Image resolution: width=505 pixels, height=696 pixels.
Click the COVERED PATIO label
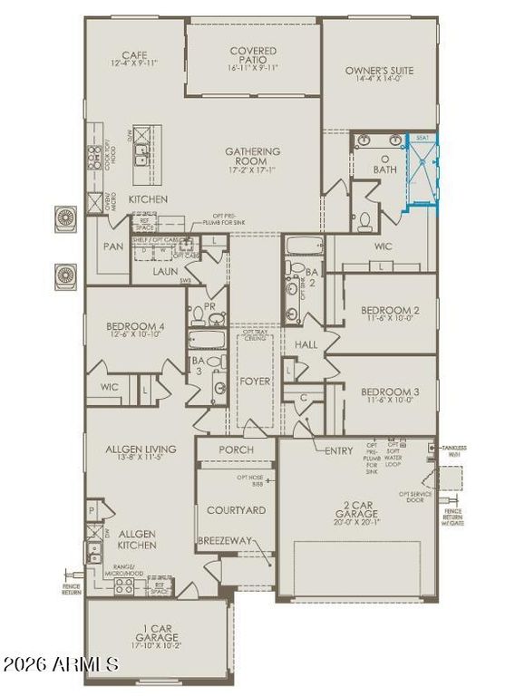click(254, 57)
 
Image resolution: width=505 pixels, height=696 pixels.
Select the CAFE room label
click(134, 57)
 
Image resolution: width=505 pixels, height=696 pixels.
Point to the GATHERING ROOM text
click(254, 158)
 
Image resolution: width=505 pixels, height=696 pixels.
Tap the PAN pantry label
click(113, 246)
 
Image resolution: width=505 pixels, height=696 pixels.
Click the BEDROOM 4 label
click(134, 330)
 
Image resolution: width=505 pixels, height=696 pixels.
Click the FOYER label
click(254, 382)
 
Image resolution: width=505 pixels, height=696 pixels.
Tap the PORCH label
click(237, 449)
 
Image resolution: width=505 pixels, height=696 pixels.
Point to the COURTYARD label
click(237, 510)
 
